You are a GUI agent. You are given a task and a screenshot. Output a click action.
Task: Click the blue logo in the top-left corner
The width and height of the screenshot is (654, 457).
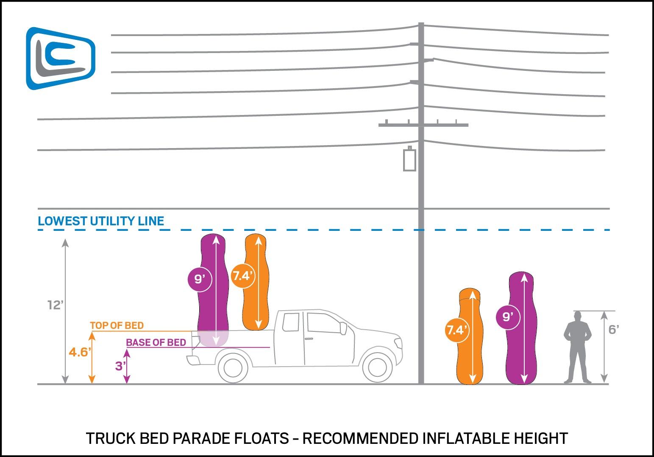(x=61, y=59)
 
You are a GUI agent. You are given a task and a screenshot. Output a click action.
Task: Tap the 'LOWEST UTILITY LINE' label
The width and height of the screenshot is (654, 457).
(x=100, y=221)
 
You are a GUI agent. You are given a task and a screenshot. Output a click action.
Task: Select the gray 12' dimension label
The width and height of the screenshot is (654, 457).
(x=55, y=305)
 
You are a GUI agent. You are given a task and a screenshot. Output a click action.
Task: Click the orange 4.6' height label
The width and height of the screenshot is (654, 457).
(x=79, y=352)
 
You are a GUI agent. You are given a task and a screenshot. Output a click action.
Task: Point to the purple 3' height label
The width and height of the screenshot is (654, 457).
(x=120, y=366)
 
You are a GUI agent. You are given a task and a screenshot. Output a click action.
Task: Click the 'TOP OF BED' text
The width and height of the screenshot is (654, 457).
(x=117, y=326)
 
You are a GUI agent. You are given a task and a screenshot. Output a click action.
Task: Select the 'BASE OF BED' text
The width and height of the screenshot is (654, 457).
(x=156, y=342)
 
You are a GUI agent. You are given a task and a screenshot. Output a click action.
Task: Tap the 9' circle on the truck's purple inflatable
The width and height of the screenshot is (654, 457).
(x=199, y=279)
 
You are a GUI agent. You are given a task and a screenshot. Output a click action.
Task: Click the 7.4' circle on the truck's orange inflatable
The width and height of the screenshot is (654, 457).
(x=242, y=276)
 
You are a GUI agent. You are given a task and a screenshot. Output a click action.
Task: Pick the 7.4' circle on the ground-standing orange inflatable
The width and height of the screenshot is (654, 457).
(x=456, y=330)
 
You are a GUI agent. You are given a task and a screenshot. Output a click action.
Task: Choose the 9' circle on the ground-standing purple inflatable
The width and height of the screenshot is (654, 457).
(x=507, y=316)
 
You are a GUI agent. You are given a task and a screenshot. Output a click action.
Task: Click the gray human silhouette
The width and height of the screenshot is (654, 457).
(x=577, y=347)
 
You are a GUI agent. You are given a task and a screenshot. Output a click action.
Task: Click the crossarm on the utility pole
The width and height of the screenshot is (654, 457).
(x=423, y=125)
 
